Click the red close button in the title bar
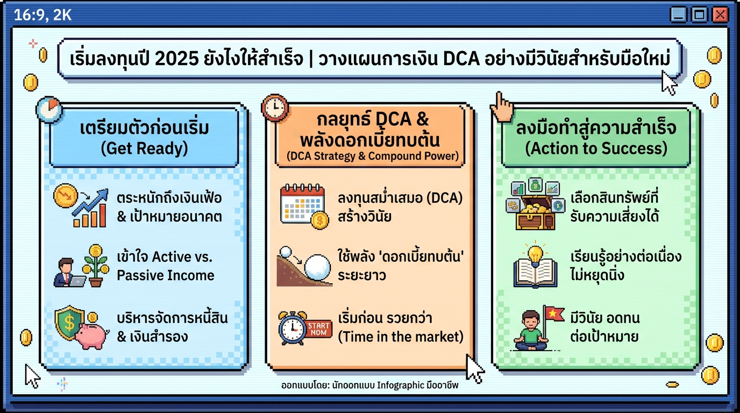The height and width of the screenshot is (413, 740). (x=720, y=15)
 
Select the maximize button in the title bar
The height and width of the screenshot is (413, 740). (x=700, y=15)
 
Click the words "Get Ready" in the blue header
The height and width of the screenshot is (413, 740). (x=144, y=148)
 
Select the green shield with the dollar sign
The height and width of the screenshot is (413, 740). (x=68, y=323)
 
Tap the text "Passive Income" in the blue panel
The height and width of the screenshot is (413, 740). (x=166, y=275)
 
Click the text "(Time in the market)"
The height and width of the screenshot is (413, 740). (x=401, y=337)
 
